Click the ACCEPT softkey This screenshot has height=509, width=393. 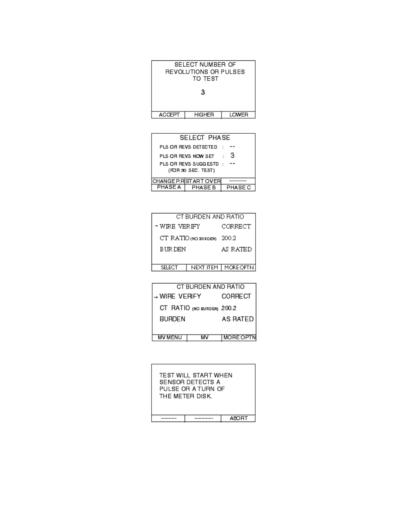[169, 115]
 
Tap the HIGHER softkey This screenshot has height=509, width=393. [204, 115]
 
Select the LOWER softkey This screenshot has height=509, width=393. [238, 115]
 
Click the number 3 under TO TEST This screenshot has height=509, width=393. [203, 92]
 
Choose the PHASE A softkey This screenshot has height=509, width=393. [169, 187]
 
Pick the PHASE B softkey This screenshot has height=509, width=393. [204, 188]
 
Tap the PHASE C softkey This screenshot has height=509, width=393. [238, 188]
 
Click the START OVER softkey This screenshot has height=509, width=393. [203, 181]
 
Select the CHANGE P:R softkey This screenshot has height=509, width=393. [168, 181]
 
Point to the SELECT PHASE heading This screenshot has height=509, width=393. [205, 138]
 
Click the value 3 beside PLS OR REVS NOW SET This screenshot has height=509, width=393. [232, 156]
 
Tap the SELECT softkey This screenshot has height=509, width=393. [169, 268]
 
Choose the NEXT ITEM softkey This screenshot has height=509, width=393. [204, 268]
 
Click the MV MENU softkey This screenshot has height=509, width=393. [170, 338]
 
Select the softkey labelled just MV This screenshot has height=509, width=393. [205, 338]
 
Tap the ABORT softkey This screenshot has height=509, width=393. [239, 418]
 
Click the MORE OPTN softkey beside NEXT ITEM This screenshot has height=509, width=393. [239, 268]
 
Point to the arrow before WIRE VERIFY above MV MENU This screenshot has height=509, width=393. [156, 297]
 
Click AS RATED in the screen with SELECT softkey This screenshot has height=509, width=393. [236, 249]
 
